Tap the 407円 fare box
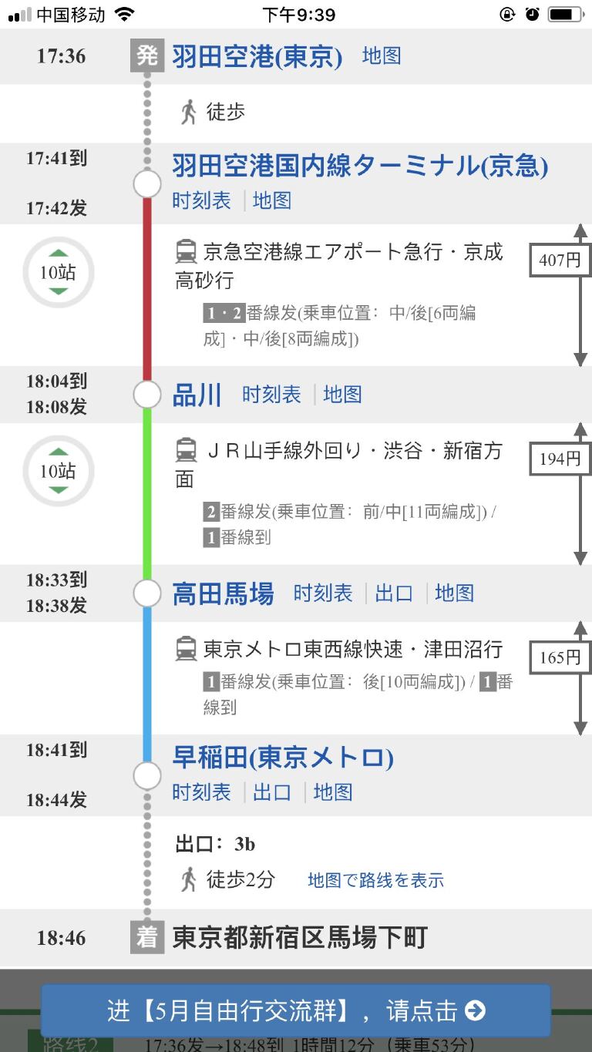(x=560, y=260)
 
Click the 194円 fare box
(x=560, y=459)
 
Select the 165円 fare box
(x=560, y=657)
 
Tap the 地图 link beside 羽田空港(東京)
(x=382, y=56)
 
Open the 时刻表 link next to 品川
(x=271, y=395)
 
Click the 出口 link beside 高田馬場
(x=394, y=593)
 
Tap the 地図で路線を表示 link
(x=375, y=880)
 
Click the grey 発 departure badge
(x=146, y=56)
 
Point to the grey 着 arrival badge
(x=146, y=937)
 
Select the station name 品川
(x=197, y=395)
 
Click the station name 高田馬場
(x=223, y=593)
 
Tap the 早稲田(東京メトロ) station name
(x=283, y=758)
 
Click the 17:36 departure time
(x=61, y=56)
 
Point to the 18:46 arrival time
(x=61, y=938)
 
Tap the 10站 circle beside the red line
(x=59, y=272)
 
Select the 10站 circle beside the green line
(x=59, y=470)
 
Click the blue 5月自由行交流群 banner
(x=296, y=1010)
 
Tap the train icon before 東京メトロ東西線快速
(x=186, y=649)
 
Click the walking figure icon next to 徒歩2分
(x=188, y=879)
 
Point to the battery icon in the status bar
(x=566, y=15)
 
